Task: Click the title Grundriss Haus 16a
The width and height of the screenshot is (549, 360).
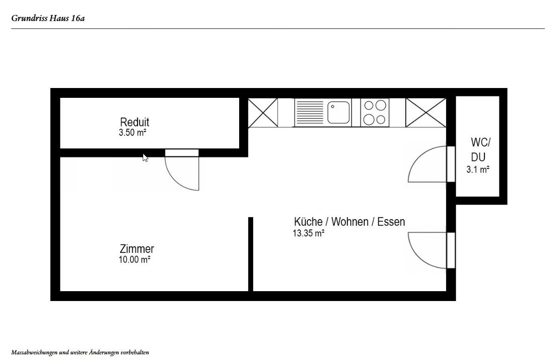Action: click(x=48, y=18)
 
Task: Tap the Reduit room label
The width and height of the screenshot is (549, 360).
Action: click(x=134, y=122)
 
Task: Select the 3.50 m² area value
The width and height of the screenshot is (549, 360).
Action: click(x=132, y=132)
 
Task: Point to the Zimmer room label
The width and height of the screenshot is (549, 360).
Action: click(x=137, y=249)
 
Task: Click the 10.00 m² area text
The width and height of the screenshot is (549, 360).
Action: click(x=134, y=259)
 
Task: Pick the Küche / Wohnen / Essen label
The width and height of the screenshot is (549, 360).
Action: click(x=350, y=222)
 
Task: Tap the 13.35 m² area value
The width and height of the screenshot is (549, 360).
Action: click(x=308, y=233)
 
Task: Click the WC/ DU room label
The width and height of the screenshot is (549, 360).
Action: click(x=480, y=149)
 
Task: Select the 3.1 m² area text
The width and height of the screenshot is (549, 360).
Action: click(x=477, y=169)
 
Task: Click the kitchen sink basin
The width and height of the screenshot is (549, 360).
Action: click(x=338, y=112)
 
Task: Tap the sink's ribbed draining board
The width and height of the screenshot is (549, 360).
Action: click(x=309, y=112)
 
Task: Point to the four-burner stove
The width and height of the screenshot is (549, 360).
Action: click(x=374, y=112)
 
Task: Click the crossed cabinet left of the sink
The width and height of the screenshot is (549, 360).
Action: click(x=263, y=112)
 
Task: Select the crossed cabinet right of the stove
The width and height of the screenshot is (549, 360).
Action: click(x=426, y=112)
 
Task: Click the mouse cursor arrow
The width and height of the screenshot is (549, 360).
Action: click(x=145, y=158)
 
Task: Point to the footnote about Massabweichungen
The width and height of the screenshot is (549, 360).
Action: click(x=80, y=353)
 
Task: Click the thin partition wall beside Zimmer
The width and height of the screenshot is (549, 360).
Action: click(x=251, y=254)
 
